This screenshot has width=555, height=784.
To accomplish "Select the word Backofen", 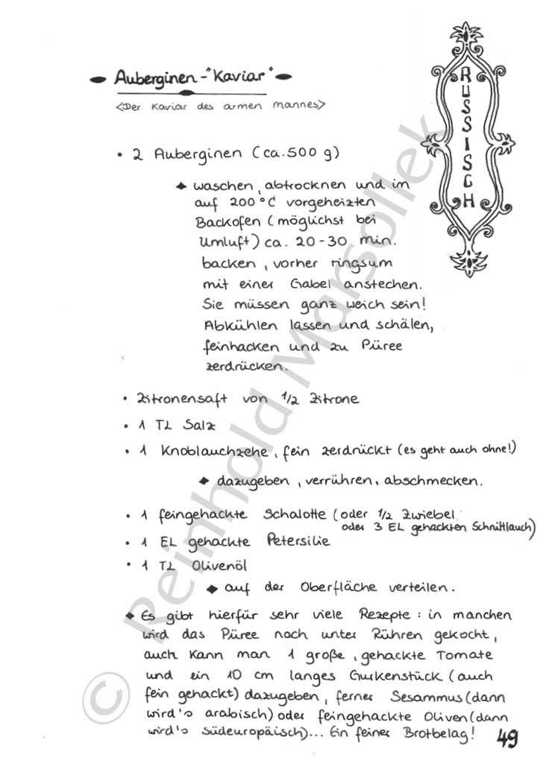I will click(225, 222).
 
